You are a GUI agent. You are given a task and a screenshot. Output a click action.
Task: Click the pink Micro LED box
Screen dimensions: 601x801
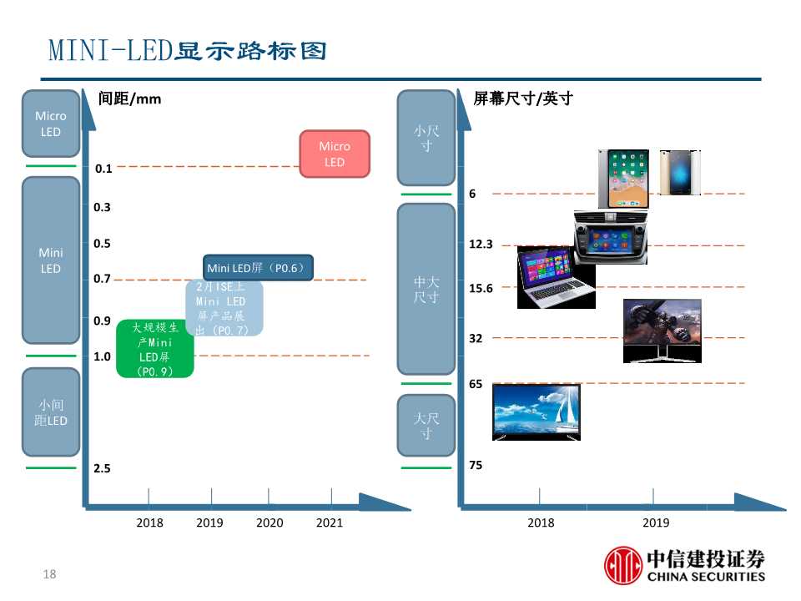tap(335, 154)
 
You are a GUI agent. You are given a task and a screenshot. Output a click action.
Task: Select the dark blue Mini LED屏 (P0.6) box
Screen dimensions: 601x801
tap(258, 268)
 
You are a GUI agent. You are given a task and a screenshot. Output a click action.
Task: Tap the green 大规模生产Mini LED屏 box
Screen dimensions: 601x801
tap(155, 349)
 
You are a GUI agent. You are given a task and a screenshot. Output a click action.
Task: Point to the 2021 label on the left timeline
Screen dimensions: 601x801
tap(330, 523)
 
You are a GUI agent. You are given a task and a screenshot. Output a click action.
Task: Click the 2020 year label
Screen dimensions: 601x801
tap(270, 523)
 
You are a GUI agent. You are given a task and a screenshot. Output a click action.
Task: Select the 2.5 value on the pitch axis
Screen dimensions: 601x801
tap(103, 468)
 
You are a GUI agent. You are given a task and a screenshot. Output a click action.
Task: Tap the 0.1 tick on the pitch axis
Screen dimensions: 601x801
tap(103, 169)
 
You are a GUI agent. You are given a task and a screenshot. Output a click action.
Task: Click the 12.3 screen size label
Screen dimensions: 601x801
tap(481, 245)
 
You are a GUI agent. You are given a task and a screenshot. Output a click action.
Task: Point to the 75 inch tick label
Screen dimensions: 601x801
tap(476, 465)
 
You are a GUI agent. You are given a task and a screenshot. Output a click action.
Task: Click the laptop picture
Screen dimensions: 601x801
tap(555, 278)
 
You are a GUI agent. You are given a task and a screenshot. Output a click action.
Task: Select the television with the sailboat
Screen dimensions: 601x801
tap(537, 412)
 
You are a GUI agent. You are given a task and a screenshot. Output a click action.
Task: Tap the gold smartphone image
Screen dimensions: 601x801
tap(679, 173)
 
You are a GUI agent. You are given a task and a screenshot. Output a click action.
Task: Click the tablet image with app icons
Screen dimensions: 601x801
tap(623, 179)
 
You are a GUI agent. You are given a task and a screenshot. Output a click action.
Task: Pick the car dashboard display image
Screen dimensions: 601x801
tap(611, 237)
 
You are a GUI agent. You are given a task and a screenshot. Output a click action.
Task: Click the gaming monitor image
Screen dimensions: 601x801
tap(662, 331)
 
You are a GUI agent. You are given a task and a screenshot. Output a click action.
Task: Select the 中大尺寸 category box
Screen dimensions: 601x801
tap(426, 289)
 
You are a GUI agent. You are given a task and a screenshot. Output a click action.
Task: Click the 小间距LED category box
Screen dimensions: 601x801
tap(51, 413)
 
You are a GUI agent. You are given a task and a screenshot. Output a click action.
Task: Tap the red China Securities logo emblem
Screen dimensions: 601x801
tap(622, 564)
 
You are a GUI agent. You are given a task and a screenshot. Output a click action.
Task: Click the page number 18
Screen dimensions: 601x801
tap(49, 574)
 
